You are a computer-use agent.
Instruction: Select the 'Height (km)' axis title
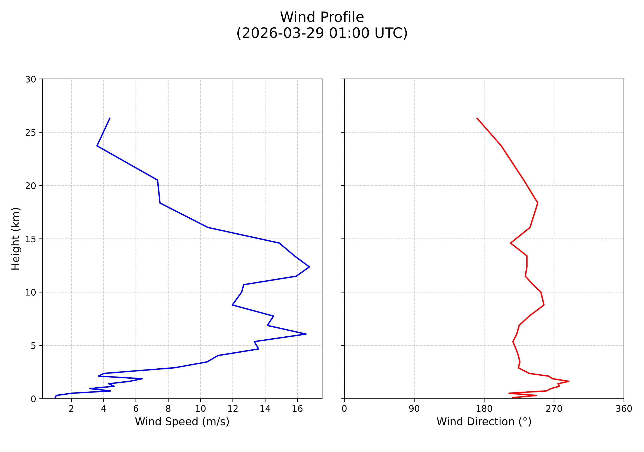click(x=16, y=239)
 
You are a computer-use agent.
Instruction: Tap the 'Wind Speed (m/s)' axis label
click(x=182, y=421)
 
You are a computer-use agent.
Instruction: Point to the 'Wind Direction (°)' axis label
click(x=484, y=421)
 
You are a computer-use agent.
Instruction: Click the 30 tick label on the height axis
click(x=31, y=79)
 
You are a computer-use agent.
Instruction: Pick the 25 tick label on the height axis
click(x=31, y=133)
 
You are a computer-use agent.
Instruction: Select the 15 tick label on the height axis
click(x=31, y=239)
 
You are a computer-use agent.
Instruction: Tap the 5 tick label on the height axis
click(x=33, y=346)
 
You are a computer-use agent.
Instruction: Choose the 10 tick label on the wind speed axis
click(x=200, y=409)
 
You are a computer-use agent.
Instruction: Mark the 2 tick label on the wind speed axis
click(x=71, y=409)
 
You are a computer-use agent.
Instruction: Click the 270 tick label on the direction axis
click(x=554, y=409)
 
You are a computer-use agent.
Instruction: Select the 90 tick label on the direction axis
click(x=414, y=409)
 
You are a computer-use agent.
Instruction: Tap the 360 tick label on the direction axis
click(x=624, y=409)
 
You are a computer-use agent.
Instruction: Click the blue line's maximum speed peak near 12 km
click(x=309, y=267)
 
